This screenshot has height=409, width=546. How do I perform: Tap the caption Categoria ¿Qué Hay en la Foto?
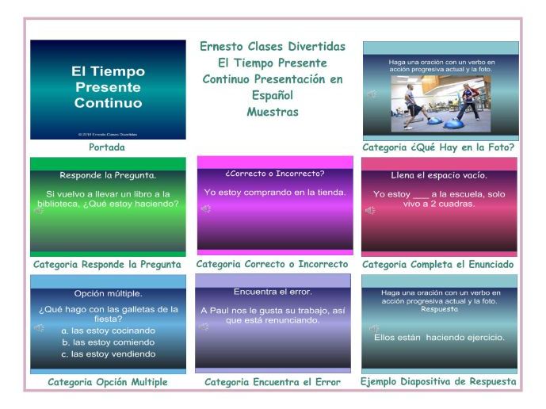[x=438, y=147]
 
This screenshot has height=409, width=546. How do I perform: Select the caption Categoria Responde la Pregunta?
[x=107, y=265]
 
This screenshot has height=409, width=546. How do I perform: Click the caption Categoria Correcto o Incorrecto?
[x=272, y=264]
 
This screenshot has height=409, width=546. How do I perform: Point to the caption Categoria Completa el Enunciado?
[x=437, y=265]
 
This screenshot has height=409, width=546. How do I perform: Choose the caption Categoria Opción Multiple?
[x=108, y=382]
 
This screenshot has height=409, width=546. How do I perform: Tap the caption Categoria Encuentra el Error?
[x=273, y=382]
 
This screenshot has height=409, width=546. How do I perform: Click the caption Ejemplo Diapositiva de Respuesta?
[x=438, y=382]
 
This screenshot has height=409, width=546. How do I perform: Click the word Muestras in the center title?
[x=272, y=112]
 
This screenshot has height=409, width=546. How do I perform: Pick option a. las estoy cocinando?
[x=108, y=331]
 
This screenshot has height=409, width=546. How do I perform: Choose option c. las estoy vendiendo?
[x=108, y=354]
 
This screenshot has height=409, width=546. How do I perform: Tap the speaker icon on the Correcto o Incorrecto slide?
[x=205, y=209]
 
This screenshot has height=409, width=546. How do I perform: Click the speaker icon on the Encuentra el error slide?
[x=204, y=327]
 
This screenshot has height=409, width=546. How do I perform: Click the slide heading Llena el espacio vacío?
[x=439, y=175]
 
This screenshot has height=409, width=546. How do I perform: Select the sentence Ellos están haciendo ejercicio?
[x=439, y=338]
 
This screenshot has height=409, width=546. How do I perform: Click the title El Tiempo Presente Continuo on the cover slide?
[x=108, y=87]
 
